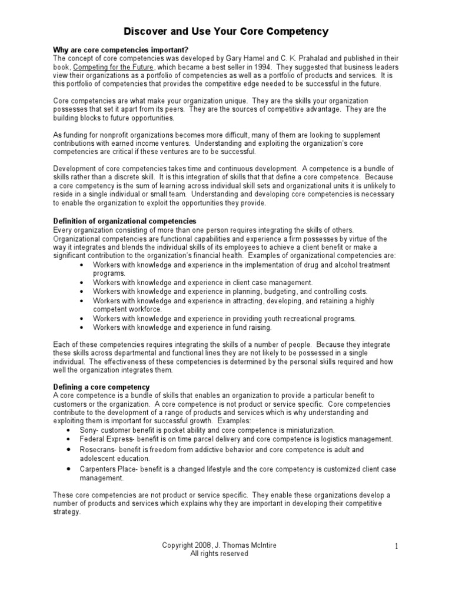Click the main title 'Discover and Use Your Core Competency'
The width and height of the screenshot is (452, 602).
point(226,31)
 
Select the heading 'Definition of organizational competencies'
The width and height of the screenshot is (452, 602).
point(125,221)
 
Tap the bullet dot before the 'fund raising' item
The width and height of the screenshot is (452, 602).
point(81,327)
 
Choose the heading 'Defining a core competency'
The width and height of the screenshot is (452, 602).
point(101,387)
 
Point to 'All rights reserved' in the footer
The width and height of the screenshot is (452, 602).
point(219,554)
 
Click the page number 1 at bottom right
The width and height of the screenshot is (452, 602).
point(397,547)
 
